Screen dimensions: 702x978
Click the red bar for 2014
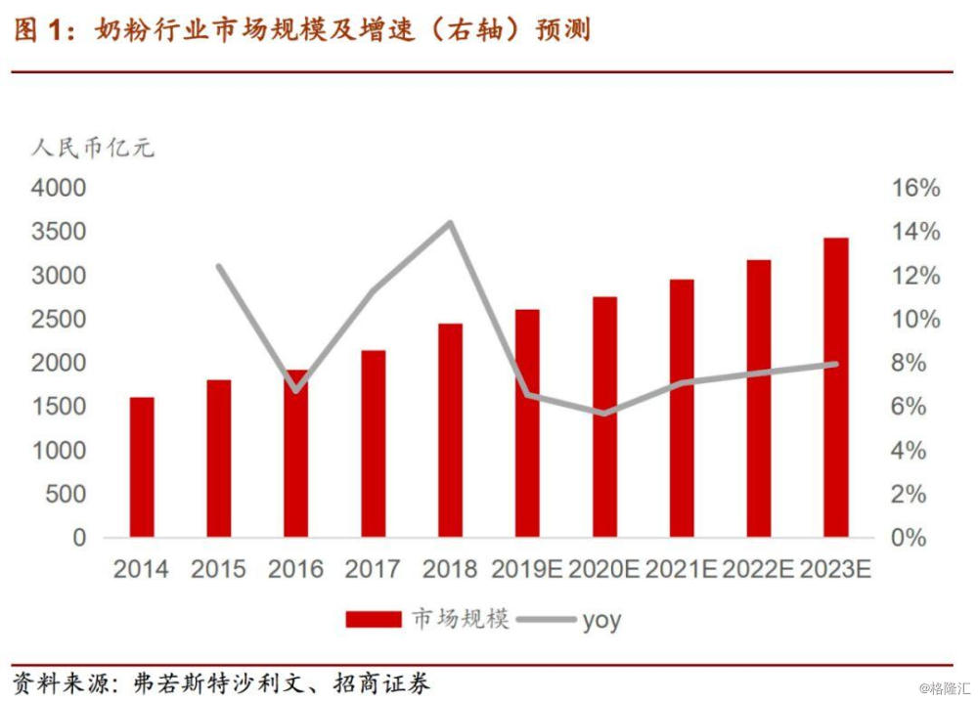(x=141, y=467)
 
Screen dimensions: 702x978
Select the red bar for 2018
(x=450, y=430)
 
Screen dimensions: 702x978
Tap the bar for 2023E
(x=835, y=387)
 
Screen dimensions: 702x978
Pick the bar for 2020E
(x=604, y=417)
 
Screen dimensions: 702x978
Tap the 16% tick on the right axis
(x=915, y=188)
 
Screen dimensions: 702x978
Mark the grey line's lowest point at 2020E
(x=604, y=414)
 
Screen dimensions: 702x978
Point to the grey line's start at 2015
(x=218, y=266)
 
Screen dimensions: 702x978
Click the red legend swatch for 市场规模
(x=373, y=619)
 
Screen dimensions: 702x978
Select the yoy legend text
(x=601, y=620)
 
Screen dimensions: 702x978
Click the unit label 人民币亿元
(x=94, y=150)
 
